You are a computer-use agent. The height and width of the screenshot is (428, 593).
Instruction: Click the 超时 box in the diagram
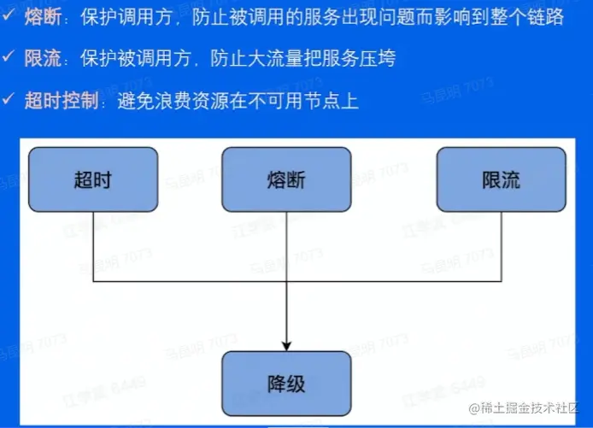pyautogui.click(x=93, y=179)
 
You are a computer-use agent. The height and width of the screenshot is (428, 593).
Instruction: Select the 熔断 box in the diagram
pyautogui.click(x=286, y=179)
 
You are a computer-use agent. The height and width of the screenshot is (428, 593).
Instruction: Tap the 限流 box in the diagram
pyautogui.click(x=501, y=179)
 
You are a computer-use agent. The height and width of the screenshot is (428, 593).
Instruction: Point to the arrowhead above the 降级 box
pyautogui.click(x=286, y=344)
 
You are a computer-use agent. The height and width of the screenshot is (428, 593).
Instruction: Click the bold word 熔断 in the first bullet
pyautogui.click(x=44, y=17)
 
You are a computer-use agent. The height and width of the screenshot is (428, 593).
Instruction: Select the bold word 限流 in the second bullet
pyautogui.click(x=44, y=59)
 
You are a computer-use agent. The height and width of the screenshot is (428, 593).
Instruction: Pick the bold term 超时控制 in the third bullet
pyautogui.click(x=60, y=101)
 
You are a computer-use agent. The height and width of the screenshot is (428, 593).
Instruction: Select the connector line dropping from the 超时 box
pyautogui.click(x=93, y=248)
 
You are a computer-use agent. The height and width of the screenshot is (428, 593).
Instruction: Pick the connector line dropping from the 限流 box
pyautogui.click(x=501, y=248)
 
